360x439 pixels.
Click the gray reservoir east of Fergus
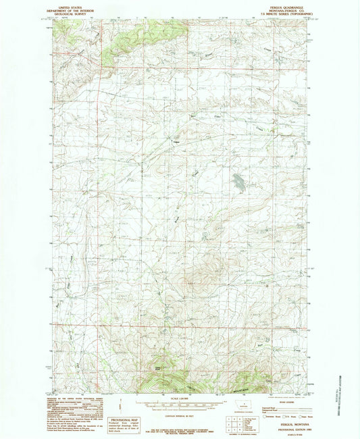[x=238, y=180]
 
